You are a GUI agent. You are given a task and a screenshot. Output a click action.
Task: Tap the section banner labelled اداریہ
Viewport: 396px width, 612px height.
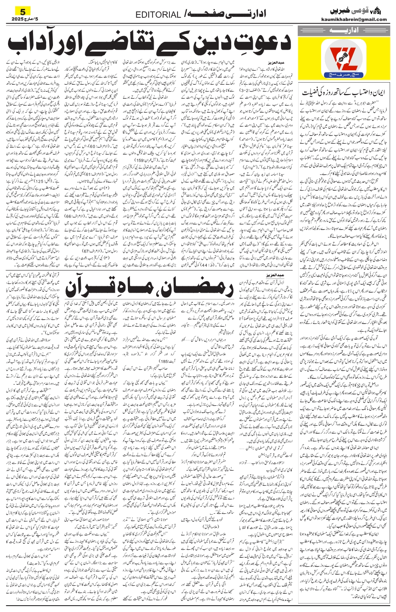click(344, 31)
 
